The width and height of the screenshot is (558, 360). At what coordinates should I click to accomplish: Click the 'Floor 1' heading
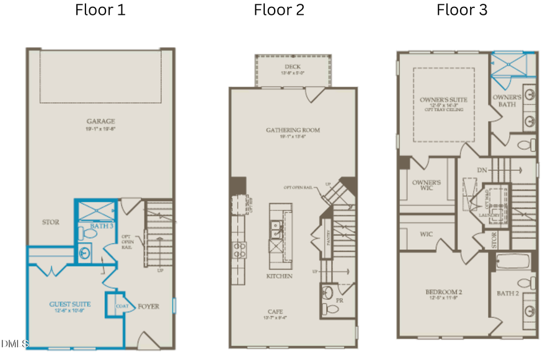100,10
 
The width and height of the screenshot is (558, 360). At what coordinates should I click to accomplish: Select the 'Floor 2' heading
279,10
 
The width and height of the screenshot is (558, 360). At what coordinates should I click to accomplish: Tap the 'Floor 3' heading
462,10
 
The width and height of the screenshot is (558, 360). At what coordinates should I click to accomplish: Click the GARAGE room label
100,121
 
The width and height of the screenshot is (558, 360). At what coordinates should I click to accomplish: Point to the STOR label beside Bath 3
51,222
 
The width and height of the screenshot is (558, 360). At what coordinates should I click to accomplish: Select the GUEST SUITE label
70,304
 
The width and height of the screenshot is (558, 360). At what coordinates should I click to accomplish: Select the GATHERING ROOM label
293,130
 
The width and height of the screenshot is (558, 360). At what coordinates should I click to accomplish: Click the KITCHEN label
279,276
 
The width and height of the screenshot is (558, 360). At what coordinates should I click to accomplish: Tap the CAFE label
277,312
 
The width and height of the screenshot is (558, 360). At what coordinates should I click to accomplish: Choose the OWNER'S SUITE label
443,99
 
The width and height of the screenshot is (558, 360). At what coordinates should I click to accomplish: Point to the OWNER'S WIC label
427,185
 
